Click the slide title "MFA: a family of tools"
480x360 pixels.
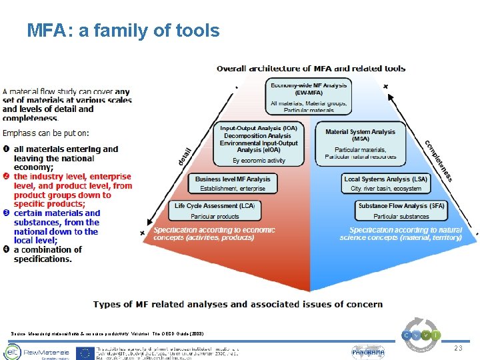123,30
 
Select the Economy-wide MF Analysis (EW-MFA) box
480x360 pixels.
309,96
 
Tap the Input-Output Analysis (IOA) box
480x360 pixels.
258,143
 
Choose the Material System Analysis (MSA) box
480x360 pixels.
360,143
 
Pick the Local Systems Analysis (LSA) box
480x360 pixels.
385,183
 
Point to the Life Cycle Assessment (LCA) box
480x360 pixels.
215,210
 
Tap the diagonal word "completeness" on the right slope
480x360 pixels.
439,160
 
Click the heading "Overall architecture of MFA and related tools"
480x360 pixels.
311,68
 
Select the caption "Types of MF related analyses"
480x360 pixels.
238,304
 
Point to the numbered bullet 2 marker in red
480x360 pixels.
7,176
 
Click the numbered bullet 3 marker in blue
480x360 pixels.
7,213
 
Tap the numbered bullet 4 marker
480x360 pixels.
7,250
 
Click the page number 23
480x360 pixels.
457,349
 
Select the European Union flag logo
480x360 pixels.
85,353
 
